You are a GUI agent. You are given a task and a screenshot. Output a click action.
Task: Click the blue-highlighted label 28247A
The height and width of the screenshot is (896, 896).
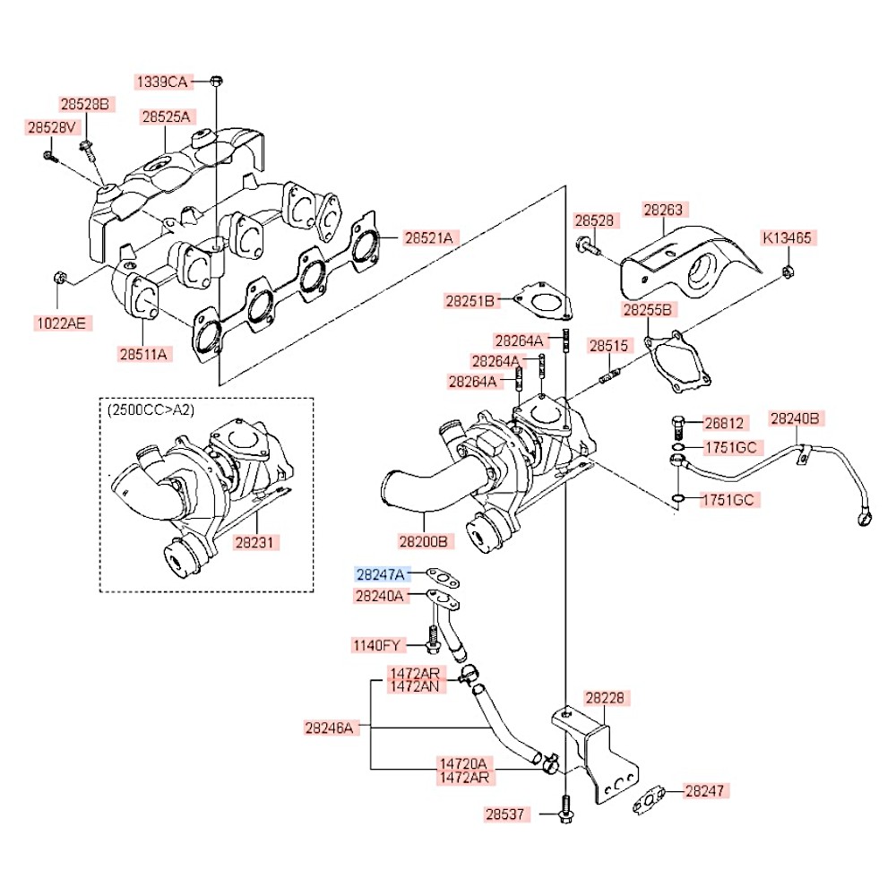pos(380,573)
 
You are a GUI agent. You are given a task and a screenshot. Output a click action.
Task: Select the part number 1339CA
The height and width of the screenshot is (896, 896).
pos(162,82)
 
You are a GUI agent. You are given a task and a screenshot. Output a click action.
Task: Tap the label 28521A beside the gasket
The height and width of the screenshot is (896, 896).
pos(428,237)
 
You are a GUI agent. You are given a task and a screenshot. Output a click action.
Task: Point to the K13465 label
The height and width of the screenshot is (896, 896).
pos(787,237)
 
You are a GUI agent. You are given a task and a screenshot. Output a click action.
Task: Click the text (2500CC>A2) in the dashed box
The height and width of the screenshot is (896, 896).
pos(151,409)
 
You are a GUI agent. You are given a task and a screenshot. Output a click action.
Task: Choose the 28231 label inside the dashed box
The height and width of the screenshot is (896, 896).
pos(254,542)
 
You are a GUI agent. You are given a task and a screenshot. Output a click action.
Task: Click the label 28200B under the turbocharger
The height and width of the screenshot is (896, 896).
pos(424,541)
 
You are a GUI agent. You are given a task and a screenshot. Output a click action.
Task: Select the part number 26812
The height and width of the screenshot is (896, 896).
pos(724,423)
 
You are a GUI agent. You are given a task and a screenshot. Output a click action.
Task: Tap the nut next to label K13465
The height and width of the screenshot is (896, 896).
pos(787,271)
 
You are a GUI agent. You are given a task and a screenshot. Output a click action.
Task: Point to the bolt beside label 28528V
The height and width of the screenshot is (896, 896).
pos(50,155)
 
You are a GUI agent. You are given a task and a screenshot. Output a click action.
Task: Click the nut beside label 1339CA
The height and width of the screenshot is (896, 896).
pos(215,81)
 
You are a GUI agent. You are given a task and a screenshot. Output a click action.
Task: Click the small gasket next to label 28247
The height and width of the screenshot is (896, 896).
pos(649,799)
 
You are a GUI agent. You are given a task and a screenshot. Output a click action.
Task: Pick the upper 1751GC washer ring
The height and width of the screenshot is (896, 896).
pos(677,446)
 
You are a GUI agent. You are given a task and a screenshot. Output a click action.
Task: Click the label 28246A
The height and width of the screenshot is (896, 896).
pos(329,728)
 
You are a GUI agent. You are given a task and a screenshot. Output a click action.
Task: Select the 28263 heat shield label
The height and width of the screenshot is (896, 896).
pos(663,210)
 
